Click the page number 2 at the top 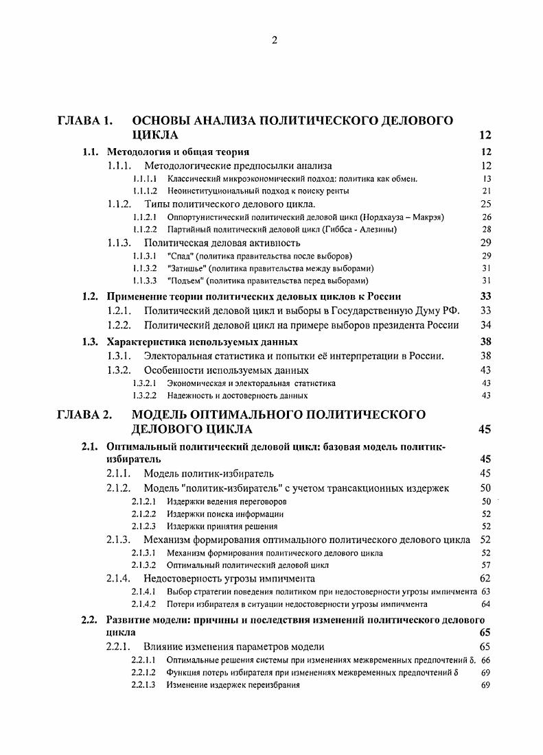pos(274,40)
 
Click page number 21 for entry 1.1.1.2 pos(486,191)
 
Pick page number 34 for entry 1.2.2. pos(485,324)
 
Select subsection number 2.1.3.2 pos(144,566)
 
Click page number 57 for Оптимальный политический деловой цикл pos(486,566)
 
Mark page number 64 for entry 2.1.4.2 pos(486,604)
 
